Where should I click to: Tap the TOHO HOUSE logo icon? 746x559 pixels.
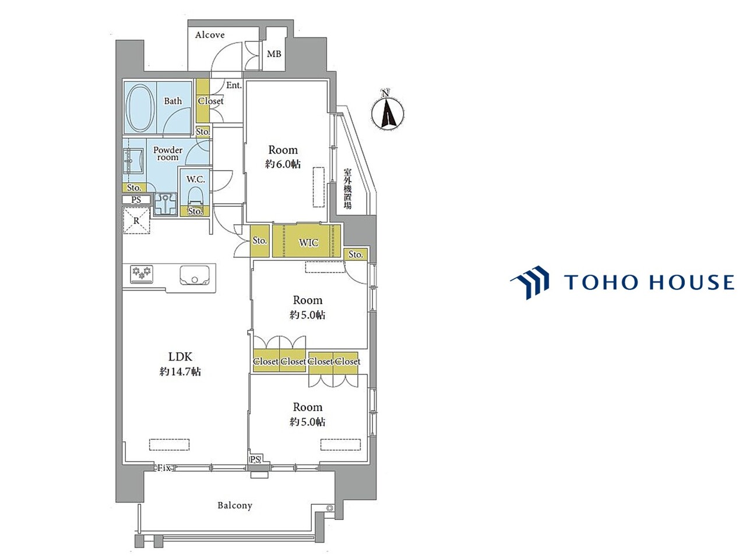530,282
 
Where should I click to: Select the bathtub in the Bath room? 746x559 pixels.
140,107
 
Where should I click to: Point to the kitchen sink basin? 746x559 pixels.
195,275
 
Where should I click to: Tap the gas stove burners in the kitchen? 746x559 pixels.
142,274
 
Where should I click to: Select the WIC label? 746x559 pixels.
308,243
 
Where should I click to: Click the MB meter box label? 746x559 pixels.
274,54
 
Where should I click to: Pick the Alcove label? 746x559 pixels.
210,34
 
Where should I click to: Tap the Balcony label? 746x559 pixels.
235,505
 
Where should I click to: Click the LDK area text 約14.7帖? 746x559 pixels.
180,372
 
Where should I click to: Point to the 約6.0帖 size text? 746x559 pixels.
283,164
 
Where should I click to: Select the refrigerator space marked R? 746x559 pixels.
136,221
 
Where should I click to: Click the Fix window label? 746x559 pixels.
164,468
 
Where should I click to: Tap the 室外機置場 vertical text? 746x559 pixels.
347,189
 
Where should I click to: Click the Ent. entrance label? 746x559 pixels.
234,85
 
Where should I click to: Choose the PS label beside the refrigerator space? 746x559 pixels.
136,200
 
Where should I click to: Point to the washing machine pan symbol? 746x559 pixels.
166,204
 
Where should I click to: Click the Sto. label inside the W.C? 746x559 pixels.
195,211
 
